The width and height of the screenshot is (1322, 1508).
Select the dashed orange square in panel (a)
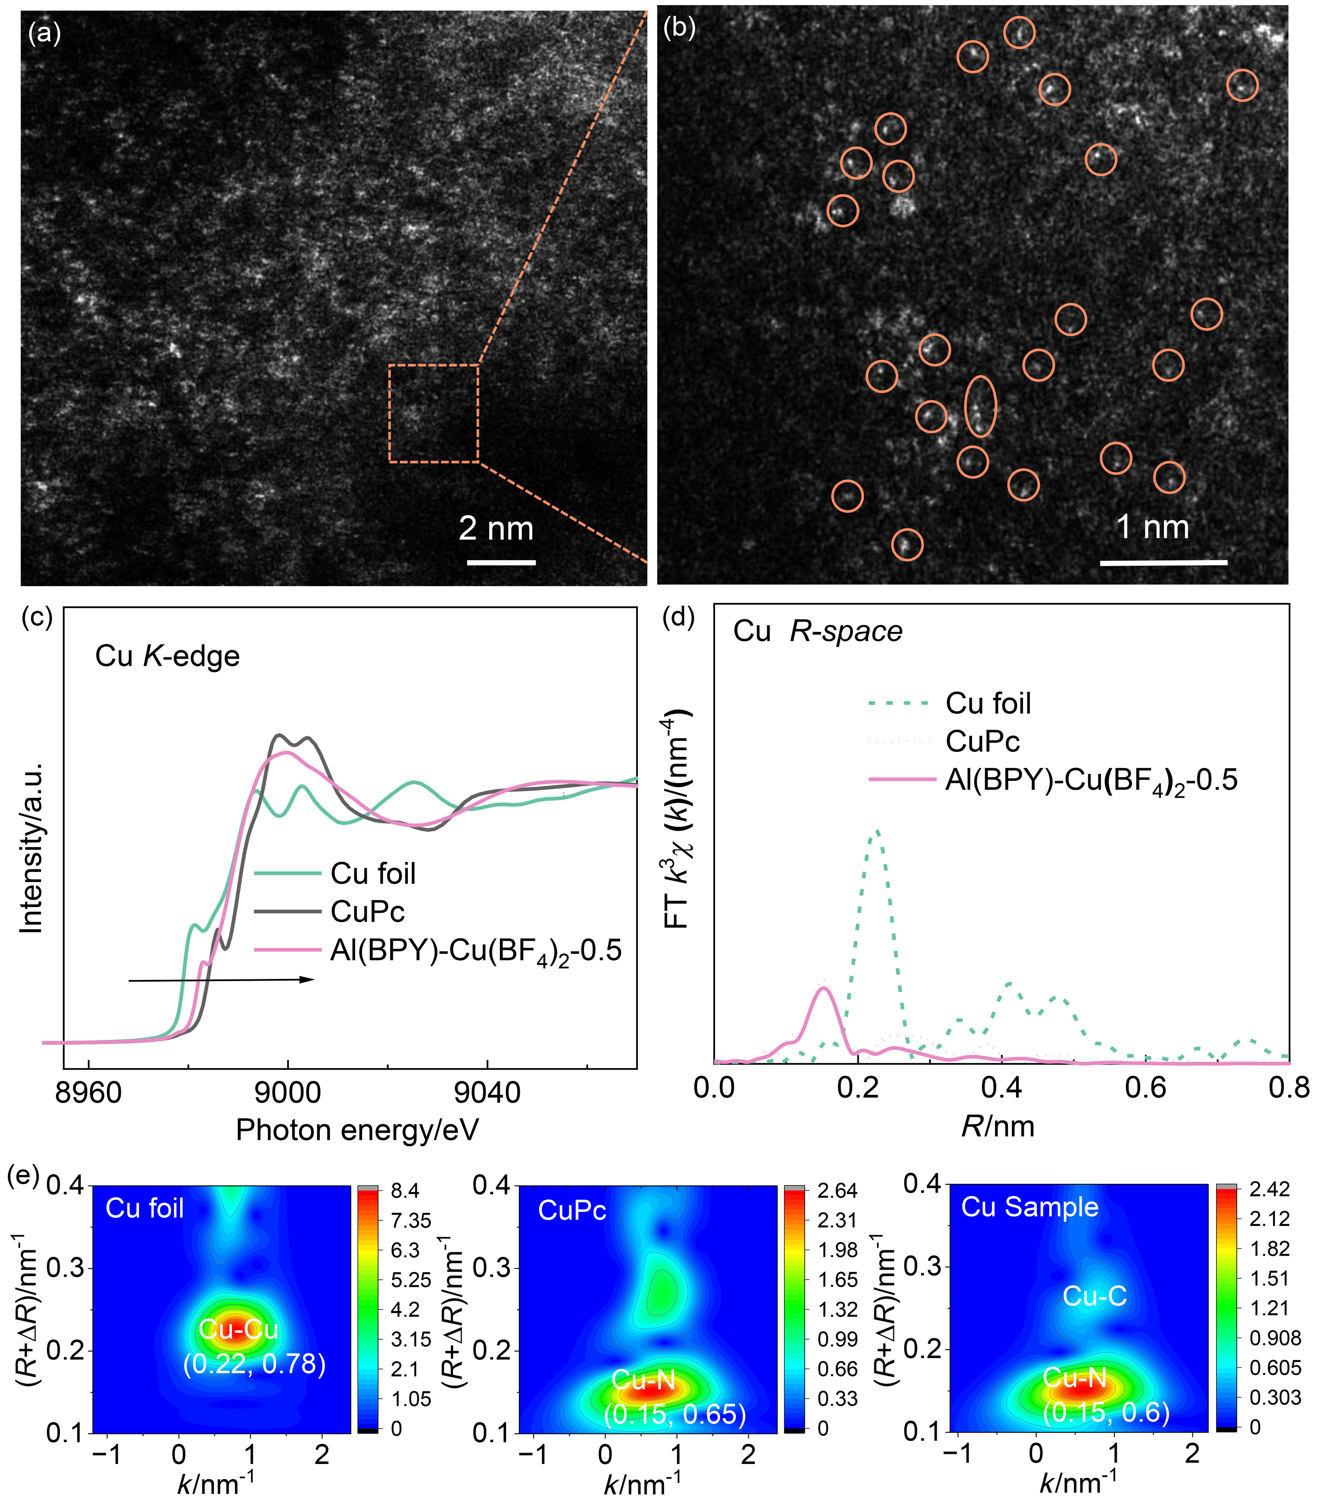click(434, 413)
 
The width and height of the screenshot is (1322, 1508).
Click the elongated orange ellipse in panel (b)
click(980, 406)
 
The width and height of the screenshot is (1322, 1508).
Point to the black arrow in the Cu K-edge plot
click(221, 980)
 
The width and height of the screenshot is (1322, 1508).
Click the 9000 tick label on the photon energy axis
click(288, 1093)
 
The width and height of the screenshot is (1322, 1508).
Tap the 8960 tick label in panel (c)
click(89, 1093)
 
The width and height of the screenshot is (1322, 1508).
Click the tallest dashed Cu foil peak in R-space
click(876, 832)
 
